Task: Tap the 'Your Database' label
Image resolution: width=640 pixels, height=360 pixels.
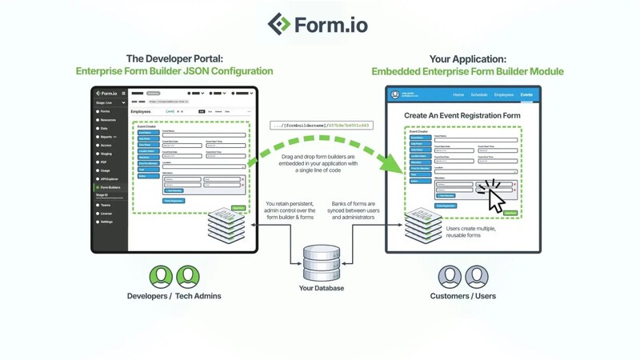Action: pos(322,288)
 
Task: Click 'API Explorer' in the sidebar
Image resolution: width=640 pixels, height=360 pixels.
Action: pos(108,178)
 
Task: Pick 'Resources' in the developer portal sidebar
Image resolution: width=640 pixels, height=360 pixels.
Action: pos(107,119)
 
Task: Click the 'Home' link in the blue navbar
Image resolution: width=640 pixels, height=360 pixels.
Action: pos(458,94)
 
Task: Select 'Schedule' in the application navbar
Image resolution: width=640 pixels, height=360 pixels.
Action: pos(479,94)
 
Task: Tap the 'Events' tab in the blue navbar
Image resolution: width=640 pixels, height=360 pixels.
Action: pos(526,94)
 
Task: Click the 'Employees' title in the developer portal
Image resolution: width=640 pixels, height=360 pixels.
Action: pos(144,112)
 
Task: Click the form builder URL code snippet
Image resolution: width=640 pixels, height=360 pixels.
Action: pos(322,125)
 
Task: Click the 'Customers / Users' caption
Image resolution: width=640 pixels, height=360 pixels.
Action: pos(464,297)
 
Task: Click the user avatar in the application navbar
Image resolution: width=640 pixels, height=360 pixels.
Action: pos(396,94)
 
